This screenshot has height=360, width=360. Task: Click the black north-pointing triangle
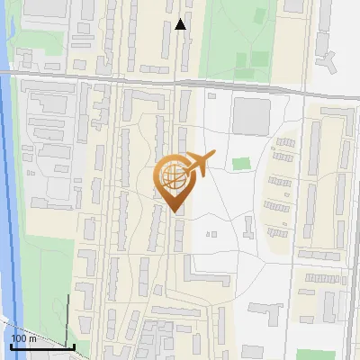pos(180,24)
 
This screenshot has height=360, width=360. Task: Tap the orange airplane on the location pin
pos(199,164)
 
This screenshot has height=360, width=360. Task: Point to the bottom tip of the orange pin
pos(174,211)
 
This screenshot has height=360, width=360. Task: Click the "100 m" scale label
pos(24,338)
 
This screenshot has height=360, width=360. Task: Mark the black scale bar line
pos(41,346)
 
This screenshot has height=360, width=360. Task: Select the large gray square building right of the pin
pos(251,116)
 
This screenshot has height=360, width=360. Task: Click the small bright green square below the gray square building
pos(240,165)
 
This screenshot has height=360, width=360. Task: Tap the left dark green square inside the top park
pos(240,60)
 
